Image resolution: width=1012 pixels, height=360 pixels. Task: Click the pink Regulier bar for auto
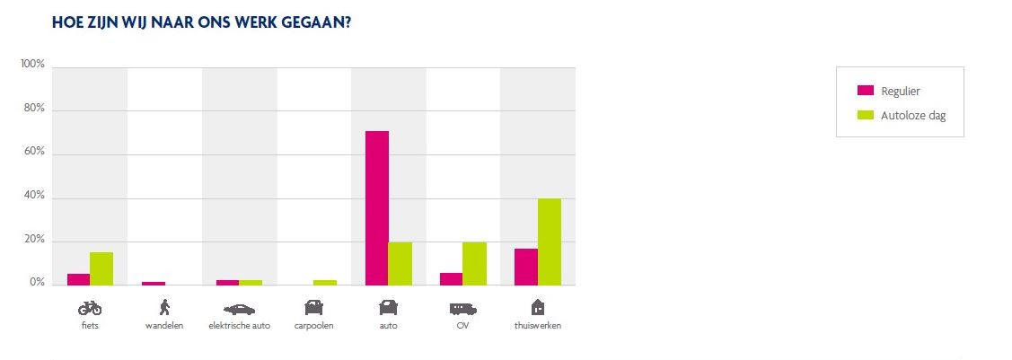coord(376,208)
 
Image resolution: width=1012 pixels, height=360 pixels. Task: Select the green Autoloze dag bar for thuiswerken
coord(549,241)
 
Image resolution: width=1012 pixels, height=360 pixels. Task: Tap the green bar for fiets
coord(101,268)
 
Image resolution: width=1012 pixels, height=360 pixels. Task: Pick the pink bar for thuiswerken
coord(525,267)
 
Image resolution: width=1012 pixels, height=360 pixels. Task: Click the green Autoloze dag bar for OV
coord(474,263)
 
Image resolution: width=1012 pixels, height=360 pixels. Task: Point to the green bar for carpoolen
coord(325,283)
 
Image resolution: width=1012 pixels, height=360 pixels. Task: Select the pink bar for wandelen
coord(154,284)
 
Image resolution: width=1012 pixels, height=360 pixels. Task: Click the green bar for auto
coord(400,263)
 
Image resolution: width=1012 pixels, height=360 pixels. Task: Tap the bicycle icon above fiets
coord(90,308)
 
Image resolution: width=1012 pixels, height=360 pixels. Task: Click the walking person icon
coord(163,307)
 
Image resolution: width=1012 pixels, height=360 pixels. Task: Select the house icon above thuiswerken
coord(538,307)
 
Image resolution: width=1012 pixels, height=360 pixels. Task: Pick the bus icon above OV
coord(462,308)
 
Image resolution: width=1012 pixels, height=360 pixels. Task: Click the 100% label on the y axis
coord(33,65)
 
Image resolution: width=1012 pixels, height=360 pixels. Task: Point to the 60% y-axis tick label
coord(34,153)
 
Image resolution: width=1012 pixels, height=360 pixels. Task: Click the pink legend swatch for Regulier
coord(866,91)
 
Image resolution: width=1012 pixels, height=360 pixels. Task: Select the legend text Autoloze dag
coord(913,116)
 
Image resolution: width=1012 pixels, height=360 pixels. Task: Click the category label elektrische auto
coord(239,326)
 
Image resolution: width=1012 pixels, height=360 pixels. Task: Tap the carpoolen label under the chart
coord(314,326)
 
